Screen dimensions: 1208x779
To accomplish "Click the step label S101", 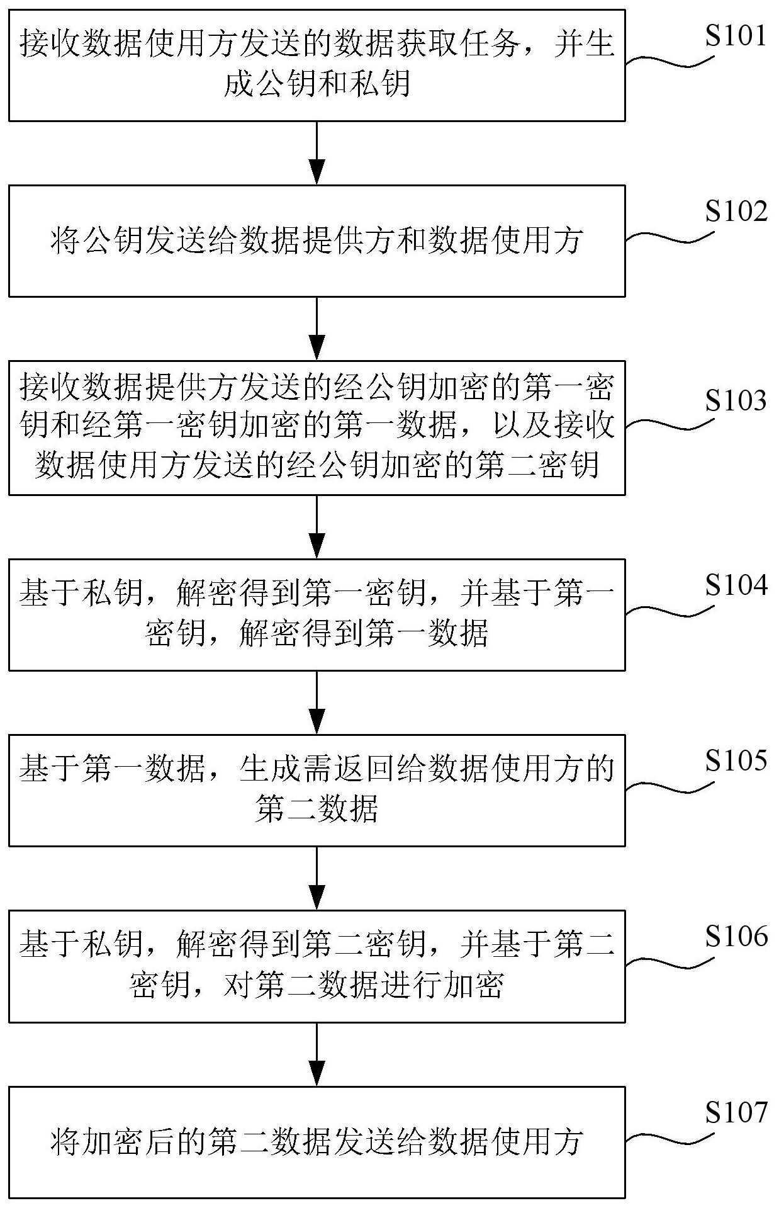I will point(736,37).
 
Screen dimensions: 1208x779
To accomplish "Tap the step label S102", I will point(736,212).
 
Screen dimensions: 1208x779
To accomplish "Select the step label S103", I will point(736,401).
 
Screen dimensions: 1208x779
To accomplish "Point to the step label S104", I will point(736,585).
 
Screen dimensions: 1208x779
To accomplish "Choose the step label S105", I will point(736,762).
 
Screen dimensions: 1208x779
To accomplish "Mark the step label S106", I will point(736,937).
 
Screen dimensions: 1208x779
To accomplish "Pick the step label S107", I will point(736,1113).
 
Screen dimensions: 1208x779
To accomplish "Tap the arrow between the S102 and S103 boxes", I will point(317,328).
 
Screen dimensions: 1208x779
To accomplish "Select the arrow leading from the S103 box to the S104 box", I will point(317,526).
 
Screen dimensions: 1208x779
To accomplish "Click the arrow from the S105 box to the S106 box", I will point(317,878).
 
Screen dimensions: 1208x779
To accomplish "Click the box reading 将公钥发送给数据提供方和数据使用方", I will point(317,240).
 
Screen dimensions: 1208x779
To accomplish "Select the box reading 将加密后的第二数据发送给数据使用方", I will point(317,1142).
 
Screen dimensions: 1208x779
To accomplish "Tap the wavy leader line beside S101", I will point(670,61).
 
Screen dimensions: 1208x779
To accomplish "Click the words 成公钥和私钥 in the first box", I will point(317,84).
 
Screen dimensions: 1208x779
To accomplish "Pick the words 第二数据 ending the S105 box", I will point(317,809).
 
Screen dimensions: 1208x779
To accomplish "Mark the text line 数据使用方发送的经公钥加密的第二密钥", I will point(317,466).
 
